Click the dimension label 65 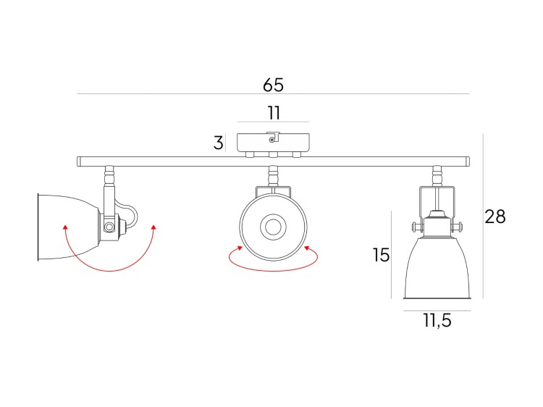tap(273, 85)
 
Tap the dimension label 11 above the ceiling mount tap(274, 113)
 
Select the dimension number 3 tap(218, 143)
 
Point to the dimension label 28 tap(495, 217)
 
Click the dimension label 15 tap(381, 255)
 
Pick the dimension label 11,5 tap(437, 320)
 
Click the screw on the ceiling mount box tap(271, 140)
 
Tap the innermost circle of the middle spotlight tap(273, 227)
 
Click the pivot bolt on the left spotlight tap(109, 227)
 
